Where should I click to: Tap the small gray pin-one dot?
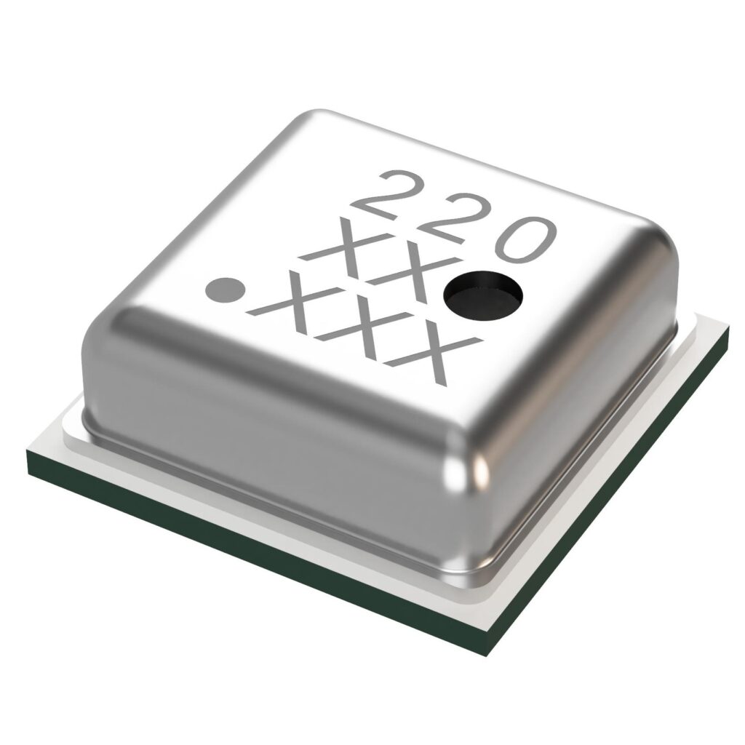point(225,290)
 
